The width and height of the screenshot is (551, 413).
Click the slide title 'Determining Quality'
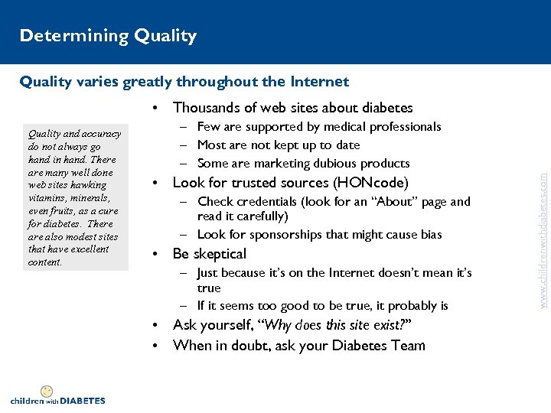coord(108,36)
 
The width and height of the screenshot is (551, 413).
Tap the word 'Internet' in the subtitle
coord(318,81)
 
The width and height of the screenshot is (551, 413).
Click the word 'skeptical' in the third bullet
coord(220,254)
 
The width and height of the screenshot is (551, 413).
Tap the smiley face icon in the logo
coord(47,392)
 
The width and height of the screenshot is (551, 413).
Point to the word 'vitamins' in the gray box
coord(47,197)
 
